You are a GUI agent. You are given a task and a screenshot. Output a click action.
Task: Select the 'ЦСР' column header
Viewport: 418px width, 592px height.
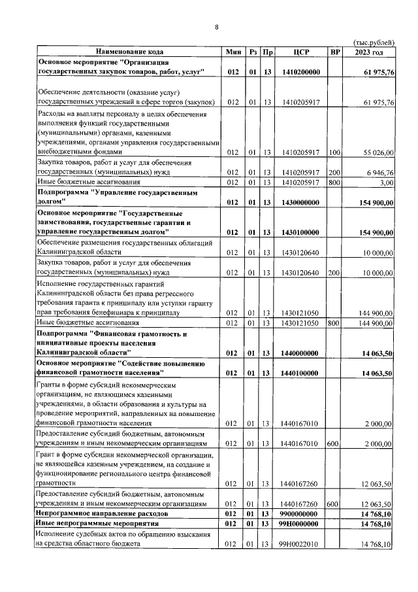click(301, 52)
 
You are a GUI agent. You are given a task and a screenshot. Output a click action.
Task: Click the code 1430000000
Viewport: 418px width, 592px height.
click(301, 203)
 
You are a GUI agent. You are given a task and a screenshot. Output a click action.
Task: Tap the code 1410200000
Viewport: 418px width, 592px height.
click(301, 71)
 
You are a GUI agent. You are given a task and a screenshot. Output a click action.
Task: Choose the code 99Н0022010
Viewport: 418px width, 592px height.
click(301, 545)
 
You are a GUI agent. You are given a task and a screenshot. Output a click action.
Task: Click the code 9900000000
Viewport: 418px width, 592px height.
click(301, 515)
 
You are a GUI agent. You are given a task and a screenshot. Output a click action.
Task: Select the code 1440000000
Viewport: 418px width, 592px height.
click(301, 353)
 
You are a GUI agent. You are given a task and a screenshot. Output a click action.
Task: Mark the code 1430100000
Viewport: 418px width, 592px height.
click(301, 232)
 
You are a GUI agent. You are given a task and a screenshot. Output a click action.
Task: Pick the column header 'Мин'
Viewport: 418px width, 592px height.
click(233, 52)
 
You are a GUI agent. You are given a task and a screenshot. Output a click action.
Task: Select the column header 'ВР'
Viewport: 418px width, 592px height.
click(335, 52)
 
